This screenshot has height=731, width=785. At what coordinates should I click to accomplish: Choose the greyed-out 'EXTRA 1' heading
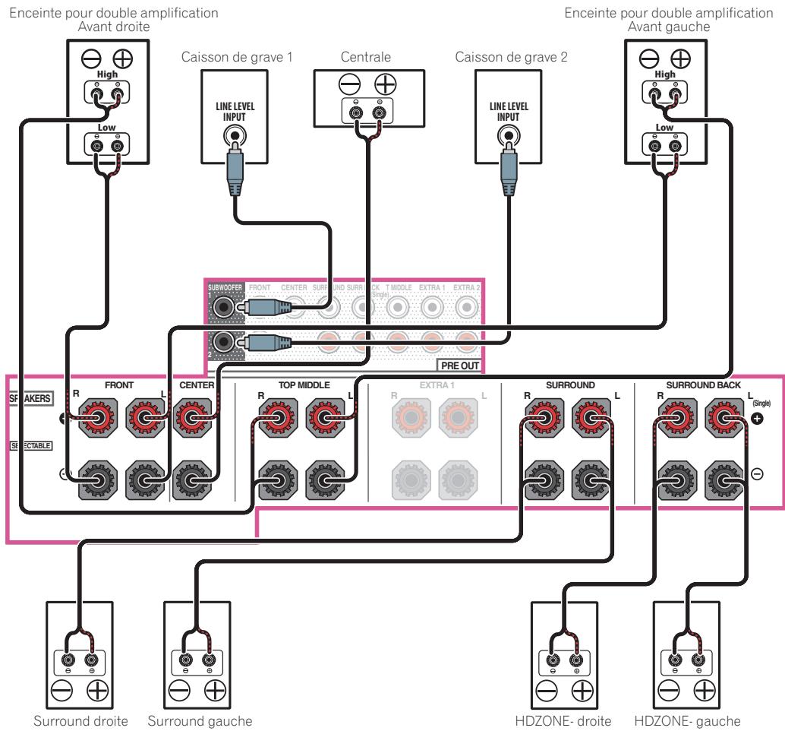433,385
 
